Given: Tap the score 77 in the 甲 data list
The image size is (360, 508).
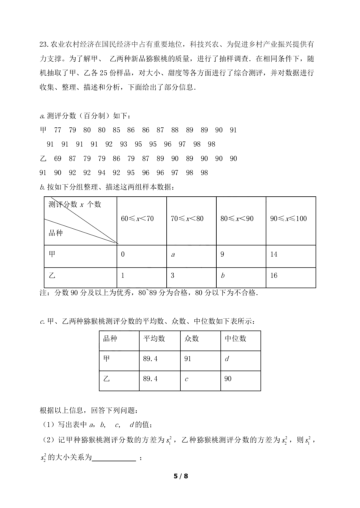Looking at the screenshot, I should tap(58, 130).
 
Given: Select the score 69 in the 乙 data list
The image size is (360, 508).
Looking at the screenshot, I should tap(58, 159).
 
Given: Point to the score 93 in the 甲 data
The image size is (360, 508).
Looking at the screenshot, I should tap(124, 144).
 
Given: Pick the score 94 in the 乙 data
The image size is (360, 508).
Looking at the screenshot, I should tap(102, 173).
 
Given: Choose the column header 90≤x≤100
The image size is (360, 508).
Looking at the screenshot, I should tap(288, 219).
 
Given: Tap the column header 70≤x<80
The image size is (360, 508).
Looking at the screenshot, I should tap(187, 219).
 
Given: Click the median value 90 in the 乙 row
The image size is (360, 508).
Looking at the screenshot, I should tap(228, 379).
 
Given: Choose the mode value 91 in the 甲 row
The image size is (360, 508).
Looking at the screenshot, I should tap(188, 359).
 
